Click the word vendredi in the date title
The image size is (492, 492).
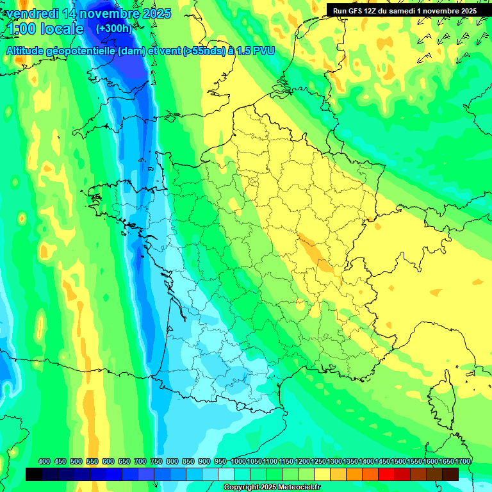coord(35,13)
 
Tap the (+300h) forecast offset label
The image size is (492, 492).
coord(114,29)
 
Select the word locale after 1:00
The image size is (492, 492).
coord(61,29)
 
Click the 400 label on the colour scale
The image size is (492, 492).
coord(44,461)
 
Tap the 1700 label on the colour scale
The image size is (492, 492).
coord(462,461)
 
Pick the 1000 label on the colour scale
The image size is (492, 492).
coord(238,461)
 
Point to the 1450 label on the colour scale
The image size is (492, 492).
coord(382,461)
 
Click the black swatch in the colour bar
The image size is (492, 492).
coord(34,474)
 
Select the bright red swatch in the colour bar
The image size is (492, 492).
coord(386,474)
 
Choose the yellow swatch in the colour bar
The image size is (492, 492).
coord(322,474)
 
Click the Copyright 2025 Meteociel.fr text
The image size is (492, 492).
coord(272,488)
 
